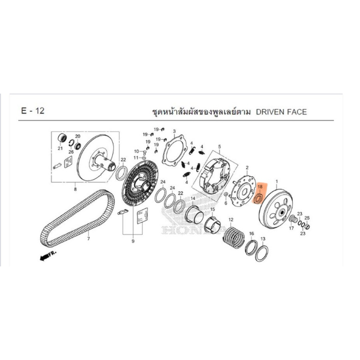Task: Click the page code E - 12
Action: point(32,111)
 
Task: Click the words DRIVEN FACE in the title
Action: point(281,112)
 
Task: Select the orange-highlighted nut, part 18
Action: point(259,198)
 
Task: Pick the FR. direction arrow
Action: point(48,256)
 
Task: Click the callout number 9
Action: point(133,241)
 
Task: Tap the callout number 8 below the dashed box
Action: point(75,189)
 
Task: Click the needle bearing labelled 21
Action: point(62,139)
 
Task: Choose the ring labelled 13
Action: point(262,253)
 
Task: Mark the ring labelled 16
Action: point(252,247)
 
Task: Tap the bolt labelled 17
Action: point(293,219)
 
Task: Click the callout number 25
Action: point(307,218)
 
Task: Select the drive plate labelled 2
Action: point(243,191)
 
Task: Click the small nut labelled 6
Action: point(226,195)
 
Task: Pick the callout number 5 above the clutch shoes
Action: point(220,147)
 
